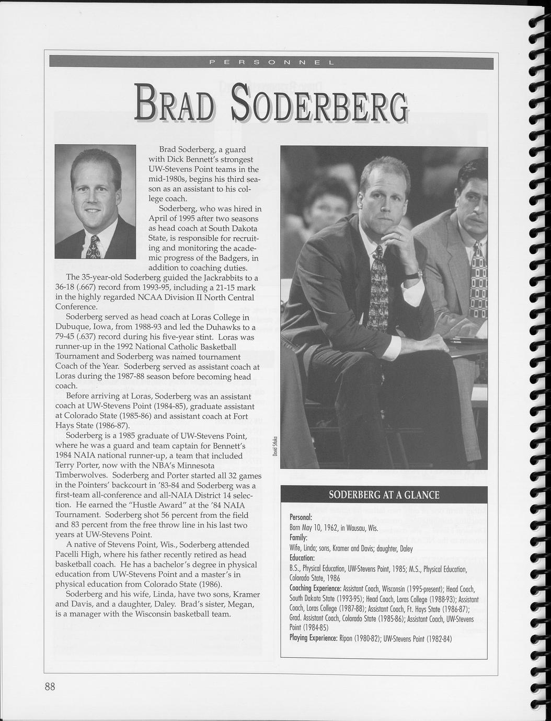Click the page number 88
(50, 686)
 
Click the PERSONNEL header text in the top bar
(271, 63)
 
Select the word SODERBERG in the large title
(319, 102)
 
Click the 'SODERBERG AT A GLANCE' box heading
(384, 495)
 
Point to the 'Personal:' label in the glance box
(301, 517)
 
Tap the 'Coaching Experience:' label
(315, 589)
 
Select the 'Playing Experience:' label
(313, 638)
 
